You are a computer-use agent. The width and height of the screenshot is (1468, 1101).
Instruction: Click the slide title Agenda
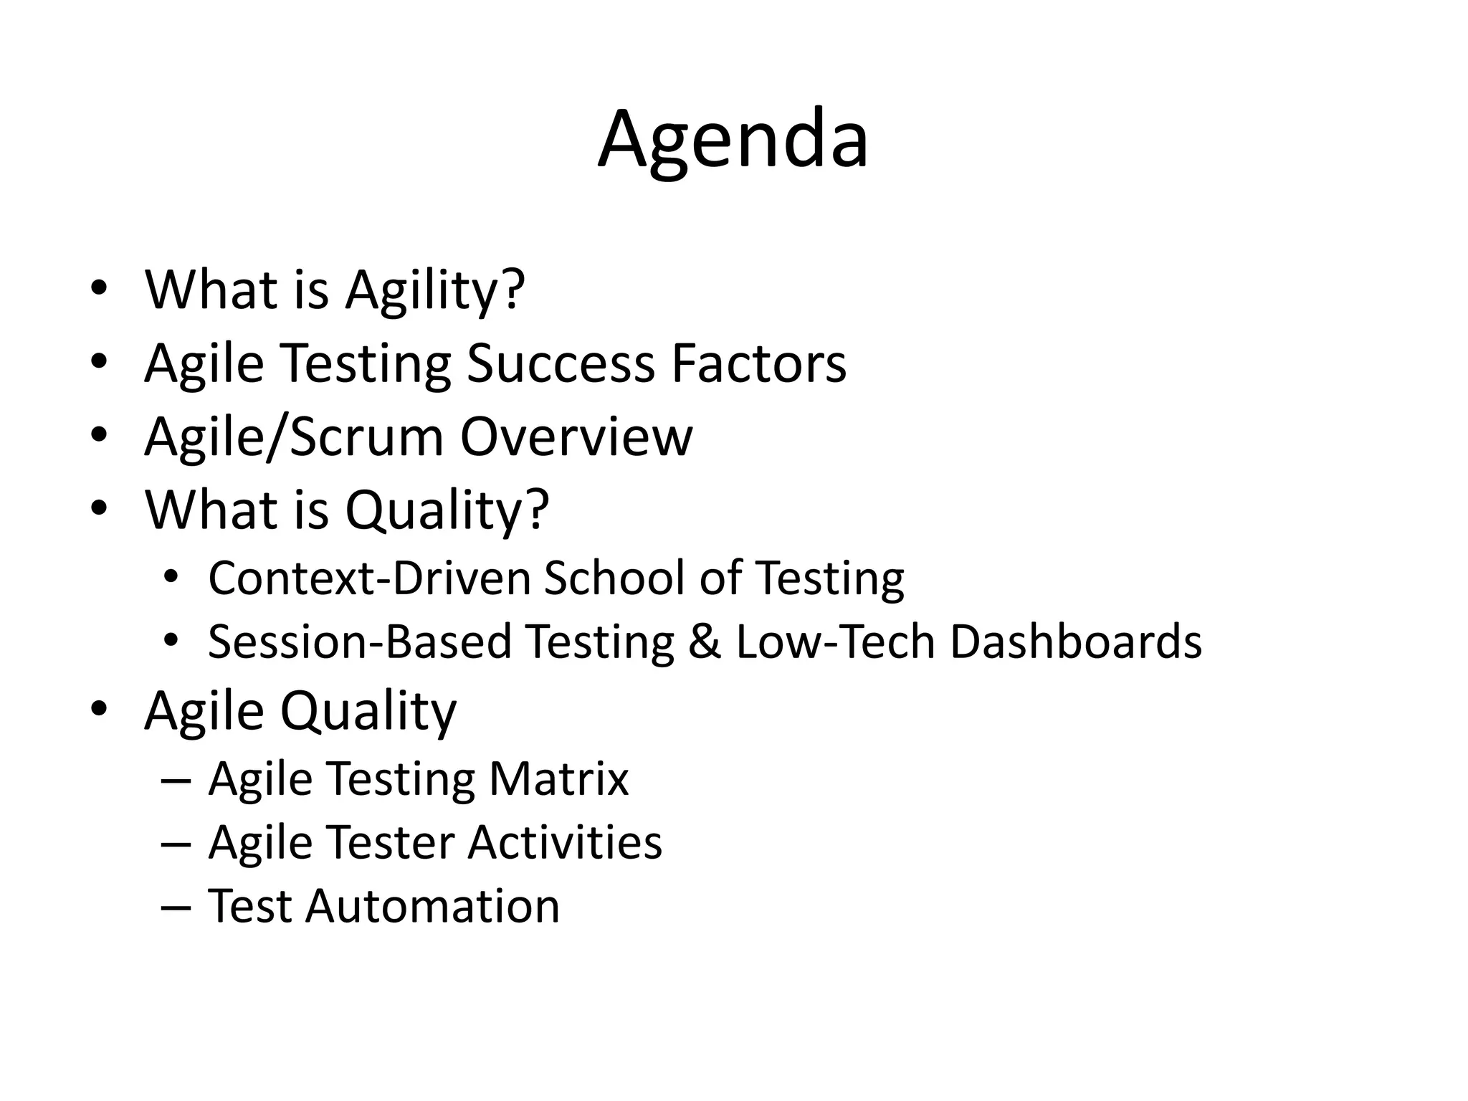[733, 140]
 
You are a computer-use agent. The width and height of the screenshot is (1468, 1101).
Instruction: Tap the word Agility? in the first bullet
[435, 291]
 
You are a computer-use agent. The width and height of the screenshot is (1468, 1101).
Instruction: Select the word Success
[561, 363]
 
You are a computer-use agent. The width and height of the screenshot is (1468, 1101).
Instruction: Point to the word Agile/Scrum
[295, 437]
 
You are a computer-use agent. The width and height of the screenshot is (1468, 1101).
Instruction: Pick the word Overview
[576, 436]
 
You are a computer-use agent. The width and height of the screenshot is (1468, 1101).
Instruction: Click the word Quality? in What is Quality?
[447, 510]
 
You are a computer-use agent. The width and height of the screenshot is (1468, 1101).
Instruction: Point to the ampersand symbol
[705, 642]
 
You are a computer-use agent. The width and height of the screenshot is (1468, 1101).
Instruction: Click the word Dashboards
[1076, 642]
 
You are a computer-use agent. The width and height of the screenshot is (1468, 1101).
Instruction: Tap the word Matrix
[558, 778]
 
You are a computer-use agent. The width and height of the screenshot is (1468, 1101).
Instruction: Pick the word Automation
[432, 906]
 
